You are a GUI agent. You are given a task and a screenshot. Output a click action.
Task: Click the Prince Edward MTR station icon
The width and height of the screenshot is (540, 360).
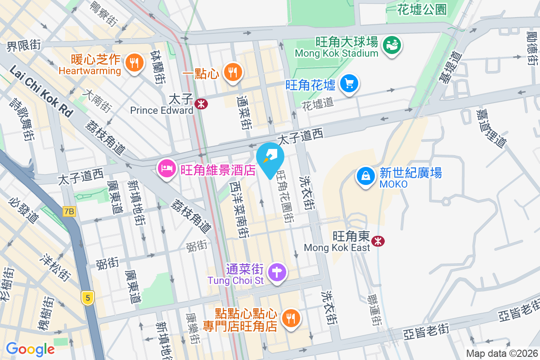pyautogui.click(x=201, y=103)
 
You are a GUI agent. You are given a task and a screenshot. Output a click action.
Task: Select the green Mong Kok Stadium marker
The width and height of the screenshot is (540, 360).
pyautogui.click(x=392, y=45)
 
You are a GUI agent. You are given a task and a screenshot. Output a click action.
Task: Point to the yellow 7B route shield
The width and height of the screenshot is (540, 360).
pyautogui.click(x=69, y=211)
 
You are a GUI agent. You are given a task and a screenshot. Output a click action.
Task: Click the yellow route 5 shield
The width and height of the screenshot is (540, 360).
pyautogui.click(x=88, y=297)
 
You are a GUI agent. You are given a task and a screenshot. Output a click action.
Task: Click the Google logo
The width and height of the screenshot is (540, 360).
pyautogui.click(x=30, y=349)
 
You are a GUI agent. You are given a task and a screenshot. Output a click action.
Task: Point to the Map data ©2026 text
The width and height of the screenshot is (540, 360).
pyautogui.click(x=501, y=354)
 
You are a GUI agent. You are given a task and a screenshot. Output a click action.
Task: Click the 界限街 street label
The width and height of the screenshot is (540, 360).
pyautogui.click(x=23, y=45)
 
